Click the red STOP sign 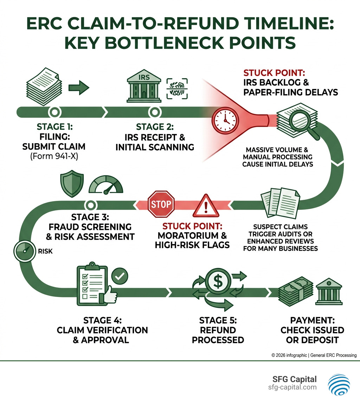tap(161, 204)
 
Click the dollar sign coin tap(218, 280)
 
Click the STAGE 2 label tap(155, 127)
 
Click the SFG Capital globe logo tap(339, 384)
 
